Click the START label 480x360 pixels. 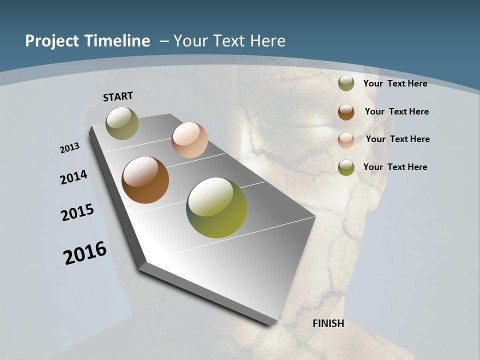tap(118, 96)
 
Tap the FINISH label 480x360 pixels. tap(328, 323)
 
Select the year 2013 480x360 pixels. tap(70, 148)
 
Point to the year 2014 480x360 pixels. tap(74, 177)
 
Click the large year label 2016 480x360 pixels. tap(85, 253)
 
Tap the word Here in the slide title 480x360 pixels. tap(267, 41)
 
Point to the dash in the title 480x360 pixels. tap(163, 41)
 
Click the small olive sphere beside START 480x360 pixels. tap(122, 123)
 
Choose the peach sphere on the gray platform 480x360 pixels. tap(189, 140)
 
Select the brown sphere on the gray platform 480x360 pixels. tap(145, 180)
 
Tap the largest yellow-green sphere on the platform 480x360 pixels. tap(216, 207)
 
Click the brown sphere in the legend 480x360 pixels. tap(346, 112)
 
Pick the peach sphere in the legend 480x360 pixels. tap(346, 140)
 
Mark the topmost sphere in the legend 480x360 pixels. tap(346, 83)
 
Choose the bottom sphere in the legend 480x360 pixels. tap(346, 167)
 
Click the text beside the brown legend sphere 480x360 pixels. tap(396, 111)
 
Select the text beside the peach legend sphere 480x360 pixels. tap(397, 139)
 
